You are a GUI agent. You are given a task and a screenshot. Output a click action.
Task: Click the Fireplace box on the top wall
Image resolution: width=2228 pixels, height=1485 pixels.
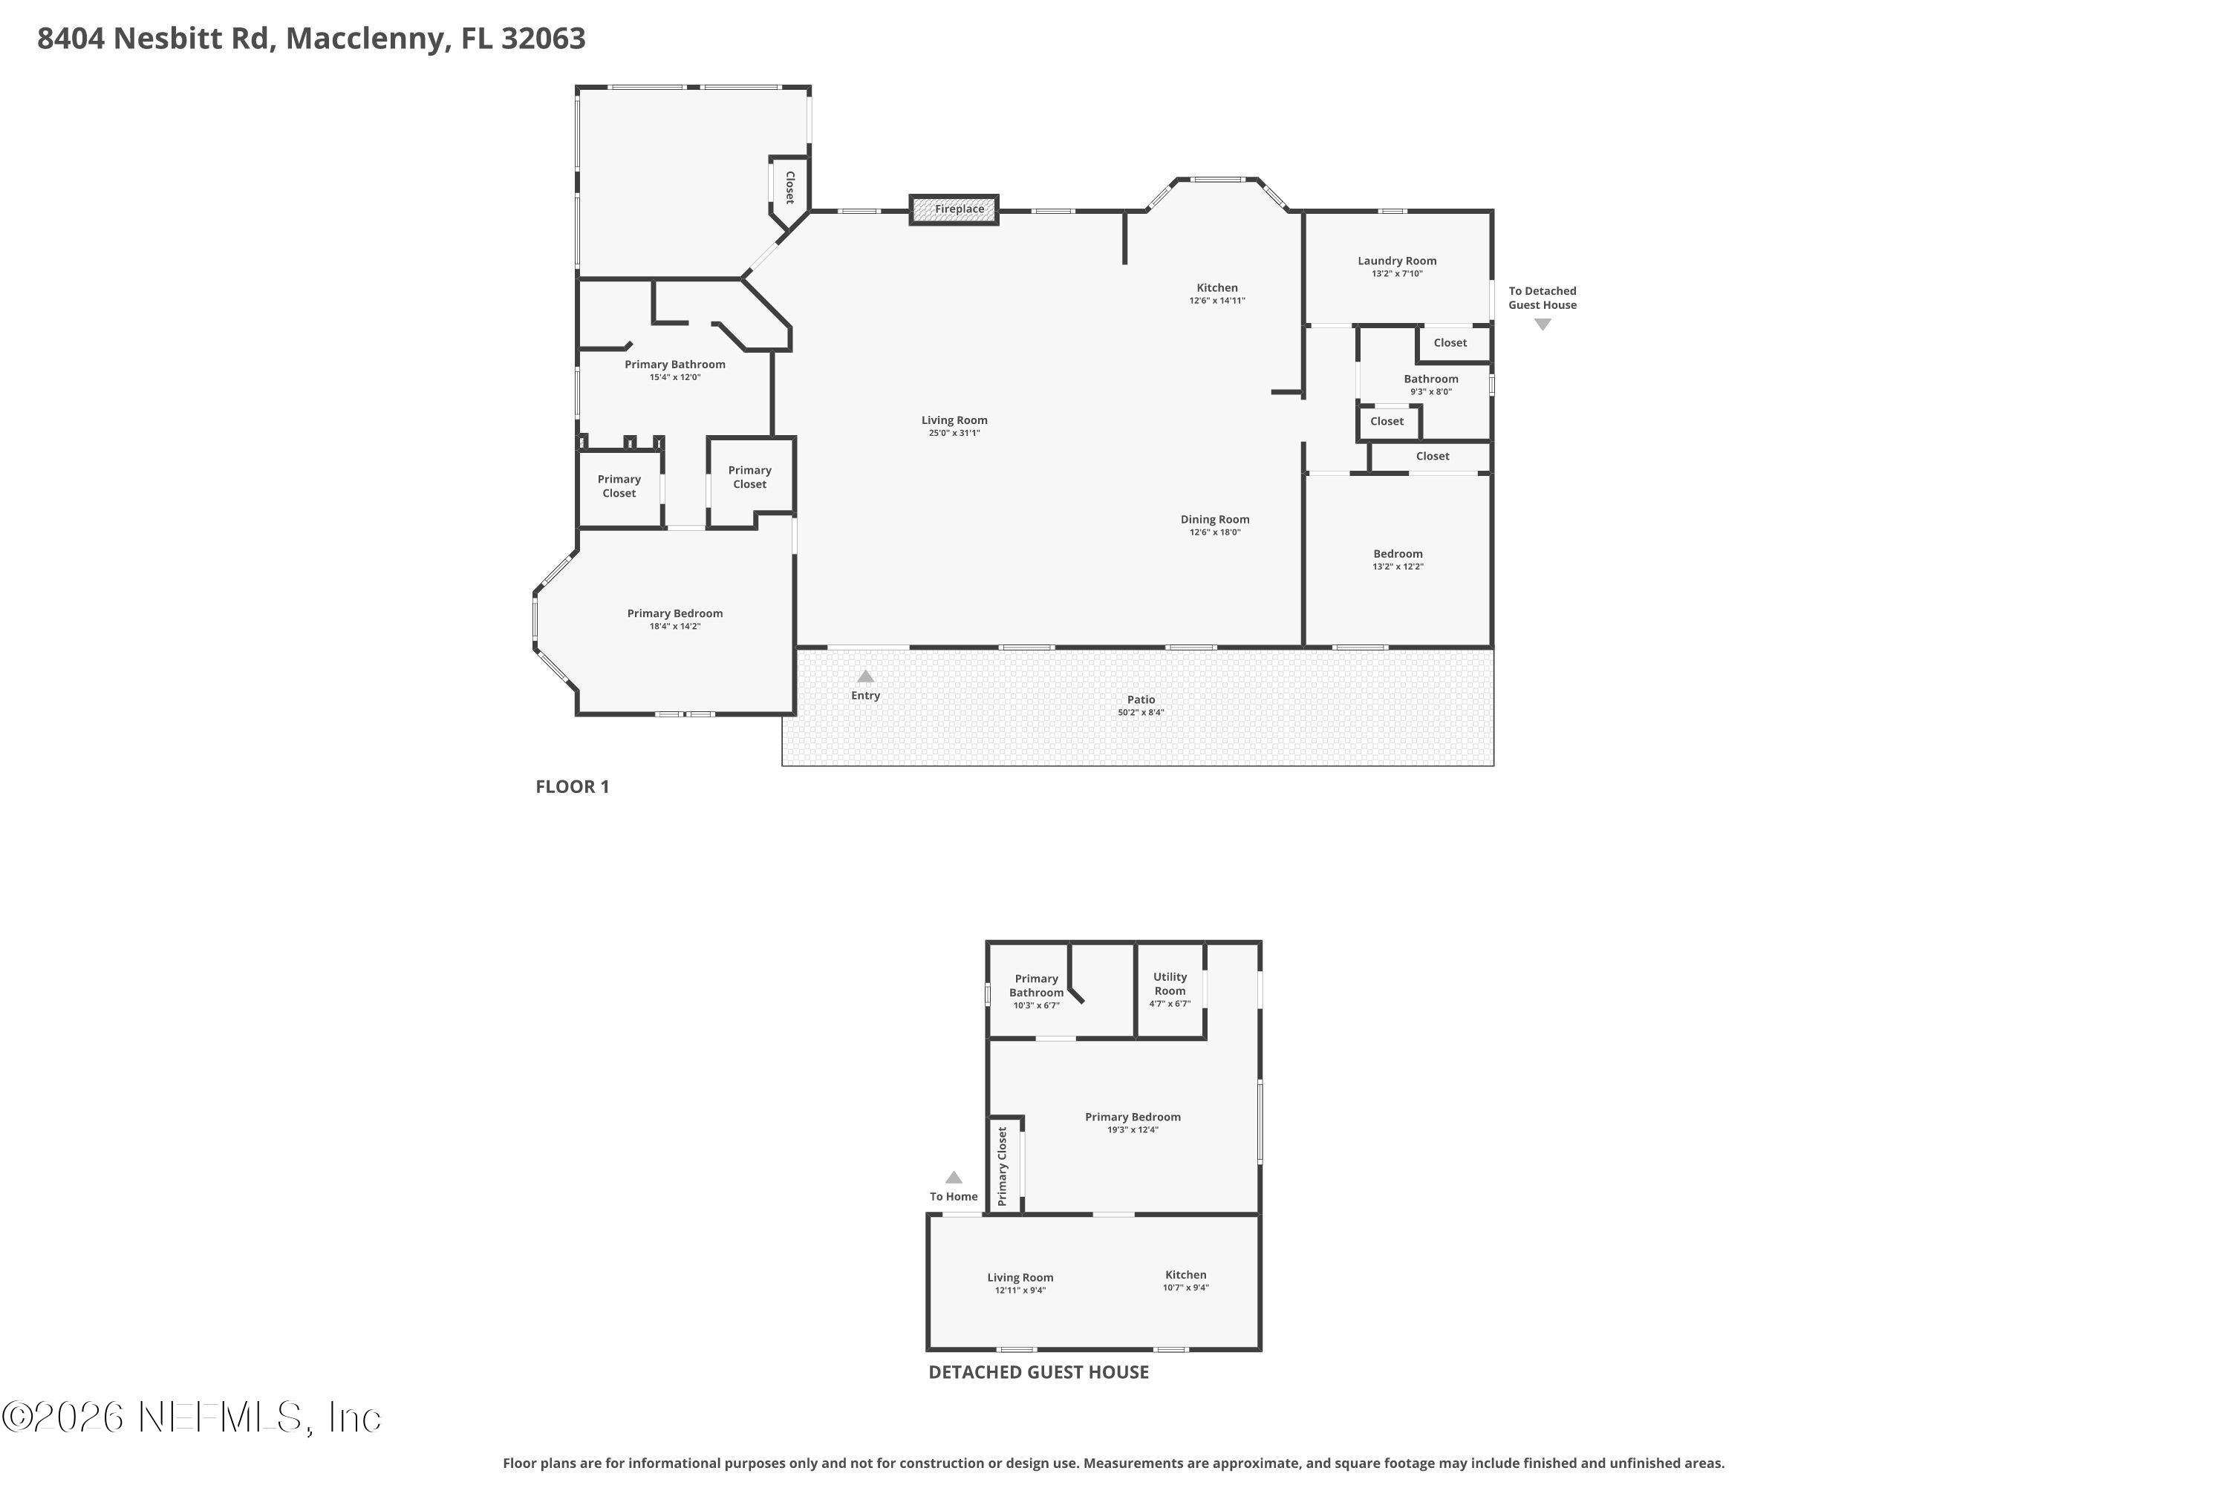[953, 209]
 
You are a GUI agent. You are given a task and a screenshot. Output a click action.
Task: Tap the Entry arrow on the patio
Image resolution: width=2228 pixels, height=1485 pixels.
[865, 676]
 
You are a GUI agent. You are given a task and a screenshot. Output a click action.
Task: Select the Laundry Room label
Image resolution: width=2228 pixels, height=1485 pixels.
[1396, 261]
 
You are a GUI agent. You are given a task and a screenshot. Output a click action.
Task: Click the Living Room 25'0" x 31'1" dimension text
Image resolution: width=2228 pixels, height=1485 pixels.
[954, 433]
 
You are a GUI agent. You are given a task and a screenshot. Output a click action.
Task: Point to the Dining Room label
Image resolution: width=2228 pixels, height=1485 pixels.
[1214, 519]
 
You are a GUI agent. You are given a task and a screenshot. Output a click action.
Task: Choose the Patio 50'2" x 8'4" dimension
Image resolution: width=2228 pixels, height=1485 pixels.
[1141, 712]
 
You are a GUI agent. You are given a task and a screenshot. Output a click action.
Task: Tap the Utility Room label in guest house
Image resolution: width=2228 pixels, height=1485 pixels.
[1170, 983]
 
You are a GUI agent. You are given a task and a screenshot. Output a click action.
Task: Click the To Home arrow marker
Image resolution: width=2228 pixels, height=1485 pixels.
[954, 1177]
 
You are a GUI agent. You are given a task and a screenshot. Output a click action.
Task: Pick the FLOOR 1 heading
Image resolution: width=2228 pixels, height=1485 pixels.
[572, 786]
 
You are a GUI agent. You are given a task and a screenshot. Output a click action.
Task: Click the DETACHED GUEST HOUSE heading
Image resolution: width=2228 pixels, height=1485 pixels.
[1038, 1372]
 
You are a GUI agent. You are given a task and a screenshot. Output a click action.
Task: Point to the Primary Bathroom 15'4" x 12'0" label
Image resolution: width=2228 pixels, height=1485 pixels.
[674, 371]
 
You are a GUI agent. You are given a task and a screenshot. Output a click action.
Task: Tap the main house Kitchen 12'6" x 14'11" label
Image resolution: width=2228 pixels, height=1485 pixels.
[1217, 293]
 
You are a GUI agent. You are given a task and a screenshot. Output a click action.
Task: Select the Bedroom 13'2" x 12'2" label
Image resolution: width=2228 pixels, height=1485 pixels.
[1398, 560]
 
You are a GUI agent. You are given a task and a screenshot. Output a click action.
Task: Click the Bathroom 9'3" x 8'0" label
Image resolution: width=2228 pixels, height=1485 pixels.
[1430, 385]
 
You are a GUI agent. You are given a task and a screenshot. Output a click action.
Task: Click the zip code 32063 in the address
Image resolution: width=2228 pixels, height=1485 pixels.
[543, 39]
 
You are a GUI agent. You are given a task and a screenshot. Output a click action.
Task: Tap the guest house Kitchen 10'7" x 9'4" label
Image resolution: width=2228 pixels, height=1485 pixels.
[1186, 1280]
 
